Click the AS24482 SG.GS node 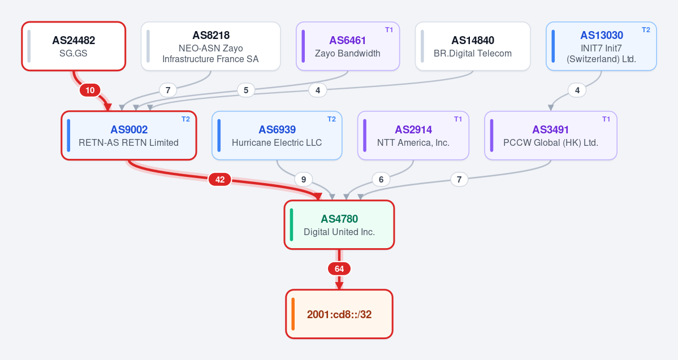tap(74, 46)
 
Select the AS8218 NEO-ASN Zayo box tap(210, 46)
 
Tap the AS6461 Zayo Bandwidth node tap(348, 46)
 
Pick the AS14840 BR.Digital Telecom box tap(473, 46)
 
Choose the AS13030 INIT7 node tap(601, 46)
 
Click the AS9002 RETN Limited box tap(129, 136)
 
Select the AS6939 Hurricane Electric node tap(277, 136)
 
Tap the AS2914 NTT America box tap(413, 136)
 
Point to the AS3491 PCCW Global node tap(550, 136)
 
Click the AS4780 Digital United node tap(339, 225)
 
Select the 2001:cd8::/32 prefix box tap(339, 314)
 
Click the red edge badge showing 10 tap(90, 90)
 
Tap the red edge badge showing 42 tap(219, 179)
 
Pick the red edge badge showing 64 tap(339, 269)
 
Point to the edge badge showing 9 tap(304, 179)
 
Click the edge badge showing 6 tap(381, 179)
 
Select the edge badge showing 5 tap(246, 90)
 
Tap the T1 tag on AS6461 tap(389, 30)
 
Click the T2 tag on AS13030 tap(646, 30)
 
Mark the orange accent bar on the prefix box tap(293, 314)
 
